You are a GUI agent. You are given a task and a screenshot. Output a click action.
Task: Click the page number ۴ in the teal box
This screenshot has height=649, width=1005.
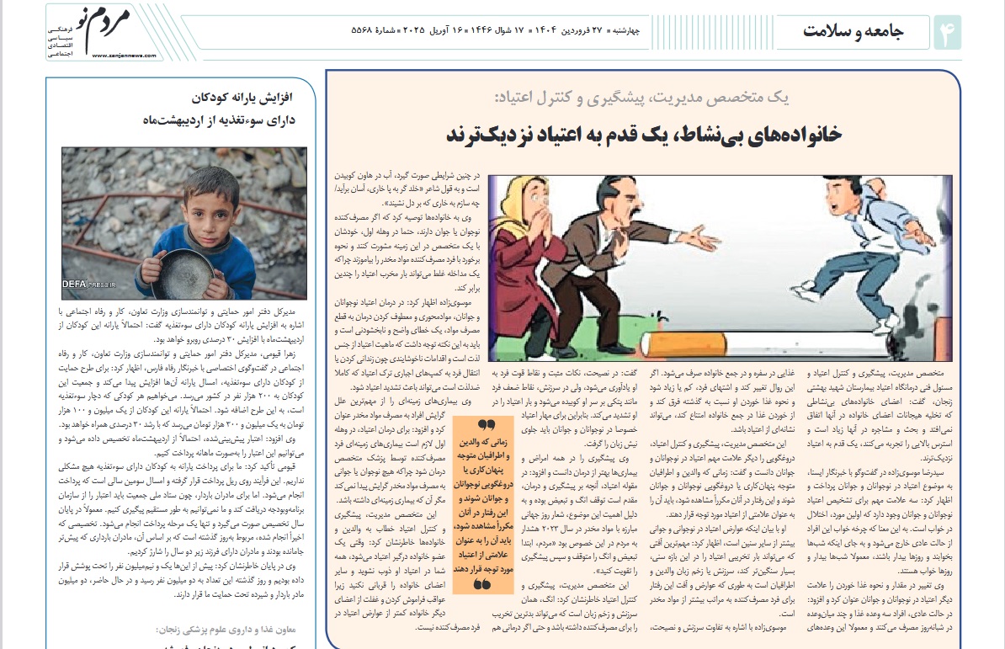tap(947, 32)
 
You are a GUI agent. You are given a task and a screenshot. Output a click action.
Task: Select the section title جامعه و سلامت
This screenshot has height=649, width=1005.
tap(853, 32)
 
